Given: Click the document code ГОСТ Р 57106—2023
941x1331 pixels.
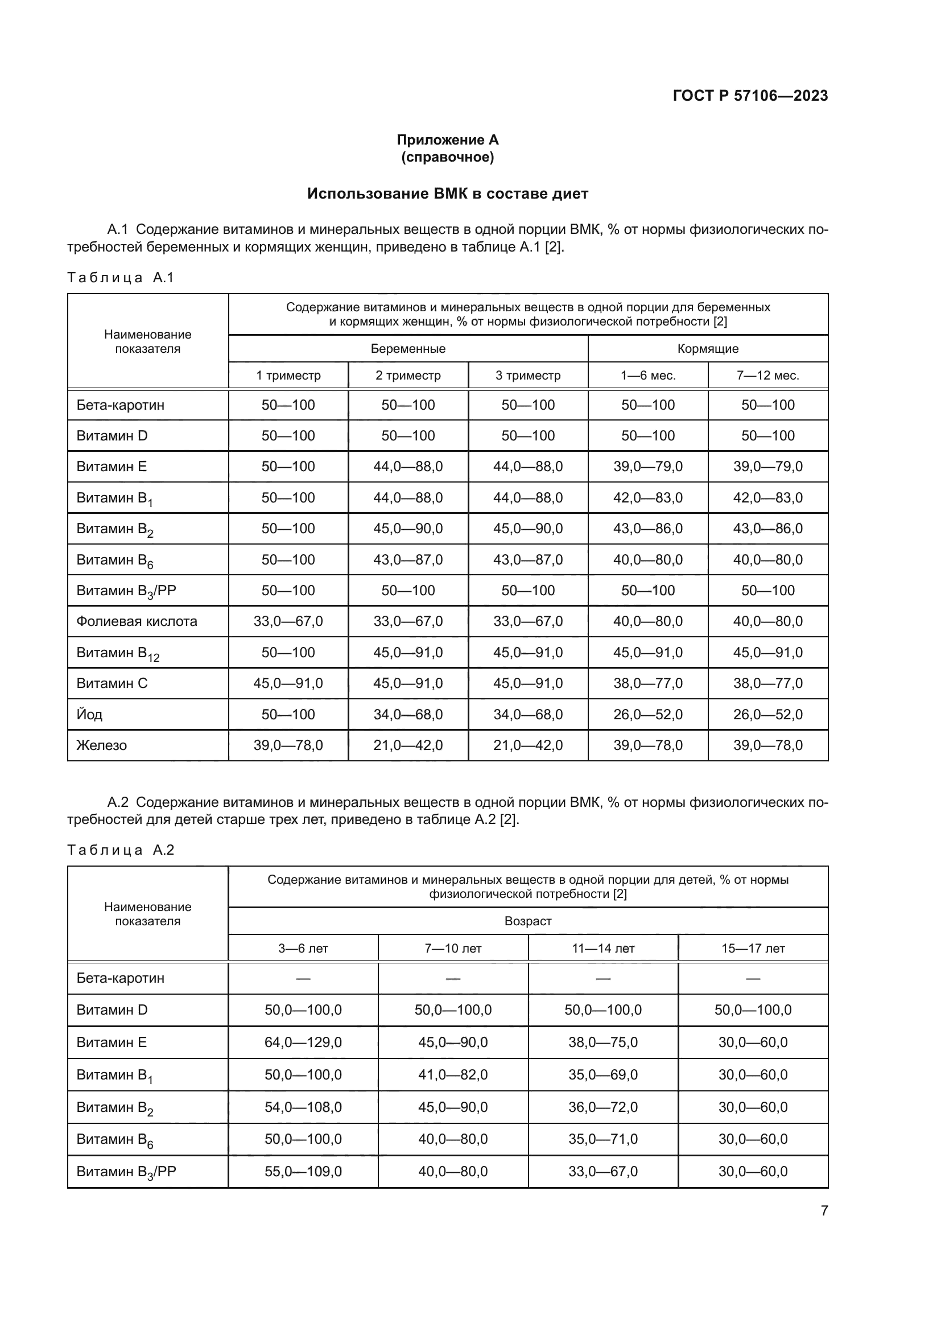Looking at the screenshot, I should click(750, 96).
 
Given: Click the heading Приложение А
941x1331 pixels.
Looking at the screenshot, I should click(447, 140).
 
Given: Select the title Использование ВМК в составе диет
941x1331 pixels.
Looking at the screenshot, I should click(447, 193).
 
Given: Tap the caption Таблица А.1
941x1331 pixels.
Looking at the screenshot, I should click(121, 278).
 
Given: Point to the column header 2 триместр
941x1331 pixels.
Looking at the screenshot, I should click(408, 376).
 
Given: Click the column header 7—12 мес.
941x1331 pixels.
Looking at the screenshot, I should click(767, 376).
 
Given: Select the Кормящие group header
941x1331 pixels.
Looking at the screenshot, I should click(708, 349).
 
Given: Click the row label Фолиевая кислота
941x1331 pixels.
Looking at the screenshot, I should click(137, 621).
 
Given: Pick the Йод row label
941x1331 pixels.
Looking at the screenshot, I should click(90, 714).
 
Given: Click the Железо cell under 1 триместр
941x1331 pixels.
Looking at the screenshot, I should click(288, 745).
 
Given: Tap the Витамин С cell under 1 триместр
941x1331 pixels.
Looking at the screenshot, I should click(288, 683).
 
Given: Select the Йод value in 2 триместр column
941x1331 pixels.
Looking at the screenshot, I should click(408, 714).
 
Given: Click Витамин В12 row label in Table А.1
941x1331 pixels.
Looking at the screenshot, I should click(118, 653).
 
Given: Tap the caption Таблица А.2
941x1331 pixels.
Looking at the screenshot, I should click(121, 850).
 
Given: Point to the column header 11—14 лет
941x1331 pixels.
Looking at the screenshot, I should click(602, 949).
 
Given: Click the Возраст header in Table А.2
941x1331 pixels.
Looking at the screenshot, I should click(527, 921).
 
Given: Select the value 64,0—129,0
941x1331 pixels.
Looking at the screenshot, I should click(303, 1042).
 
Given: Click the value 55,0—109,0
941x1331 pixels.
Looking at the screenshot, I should click(303, 1172).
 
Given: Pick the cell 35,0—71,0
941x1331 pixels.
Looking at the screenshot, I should click(602, 1139).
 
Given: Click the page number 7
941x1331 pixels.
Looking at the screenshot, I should click(824, 1211).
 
